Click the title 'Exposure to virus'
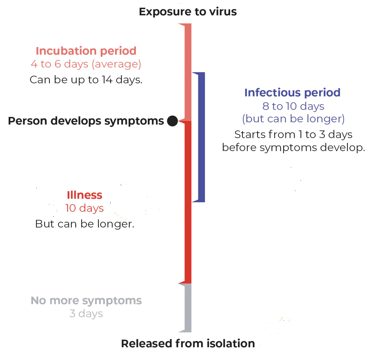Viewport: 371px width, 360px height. pos(188,11)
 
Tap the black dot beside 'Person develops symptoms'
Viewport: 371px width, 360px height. pos(173,121)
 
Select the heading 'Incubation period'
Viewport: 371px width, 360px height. pos(86,51)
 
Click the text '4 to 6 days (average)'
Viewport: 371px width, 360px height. pos(86,64)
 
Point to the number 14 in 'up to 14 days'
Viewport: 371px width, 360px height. pos(107,80)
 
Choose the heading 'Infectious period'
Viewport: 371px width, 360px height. pos(293,93)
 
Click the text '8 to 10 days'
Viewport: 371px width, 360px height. pos(293,106)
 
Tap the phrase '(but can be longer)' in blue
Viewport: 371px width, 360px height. pos(293,119)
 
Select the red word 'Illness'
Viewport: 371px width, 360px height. pos(84,195)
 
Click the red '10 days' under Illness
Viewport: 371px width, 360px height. pos(84,208)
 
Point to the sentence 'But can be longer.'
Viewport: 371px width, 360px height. pos(85,224)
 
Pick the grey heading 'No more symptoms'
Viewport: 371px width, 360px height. pos(86,301)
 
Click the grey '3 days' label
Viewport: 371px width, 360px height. pos(86,313)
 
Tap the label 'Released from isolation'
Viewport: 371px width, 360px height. pos(188,344)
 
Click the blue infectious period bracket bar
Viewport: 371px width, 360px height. pos(202,137)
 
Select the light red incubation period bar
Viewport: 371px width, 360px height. pos(188,72)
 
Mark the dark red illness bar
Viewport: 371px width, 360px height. pos(188,202)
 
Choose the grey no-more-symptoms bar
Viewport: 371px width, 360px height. pos(188,308)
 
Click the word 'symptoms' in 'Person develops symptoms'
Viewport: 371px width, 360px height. pos(134,121)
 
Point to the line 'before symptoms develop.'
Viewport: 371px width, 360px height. pos(293,148)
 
